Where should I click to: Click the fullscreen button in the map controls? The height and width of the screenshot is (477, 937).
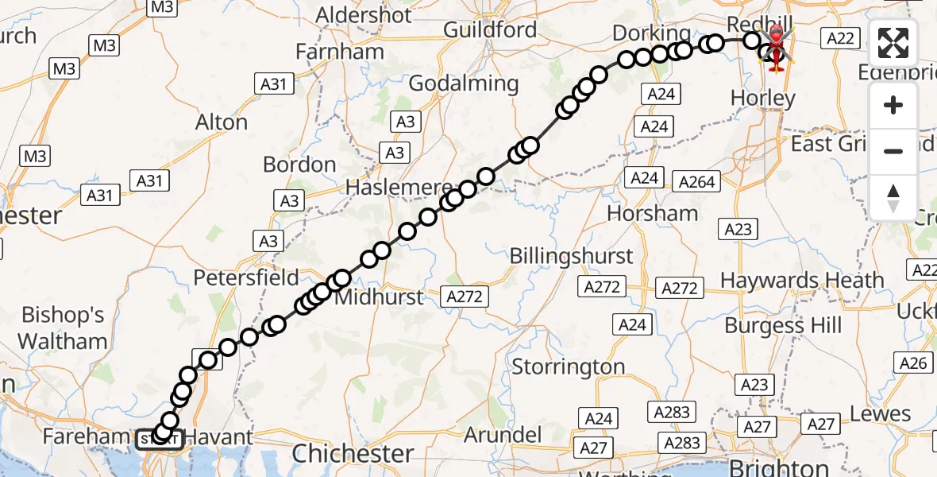893,43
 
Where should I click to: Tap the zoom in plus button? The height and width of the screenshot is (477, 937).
893,106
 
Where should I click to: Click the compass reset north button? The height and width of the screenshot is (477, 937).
893,197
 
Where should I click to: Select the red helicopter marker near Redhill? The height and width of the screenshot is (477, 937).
776,46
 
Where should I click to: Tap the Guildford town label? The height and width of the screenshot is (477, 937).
490,30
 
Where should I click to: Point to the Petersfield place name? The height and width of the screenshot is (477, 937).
246,278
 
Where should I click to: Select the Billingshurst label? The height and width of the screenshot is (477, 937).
571,256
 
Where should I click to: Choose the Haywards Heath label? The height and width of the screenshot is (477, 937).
802,280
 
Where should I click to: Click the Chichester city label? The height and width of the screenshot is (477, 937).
353,454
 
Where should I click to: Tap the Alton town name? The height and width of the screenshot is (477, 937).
222,122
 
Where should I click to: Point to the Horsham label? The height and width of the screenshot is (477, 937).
653,213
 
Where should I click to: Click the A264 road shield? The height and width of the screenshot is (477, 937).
697,181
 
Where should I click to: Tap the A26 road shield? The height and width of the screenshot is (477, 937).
913,363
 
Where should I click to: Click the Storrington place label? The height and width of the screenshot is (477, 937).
569,367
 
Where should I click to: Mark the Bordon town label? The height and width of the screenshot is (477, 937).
299,165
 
